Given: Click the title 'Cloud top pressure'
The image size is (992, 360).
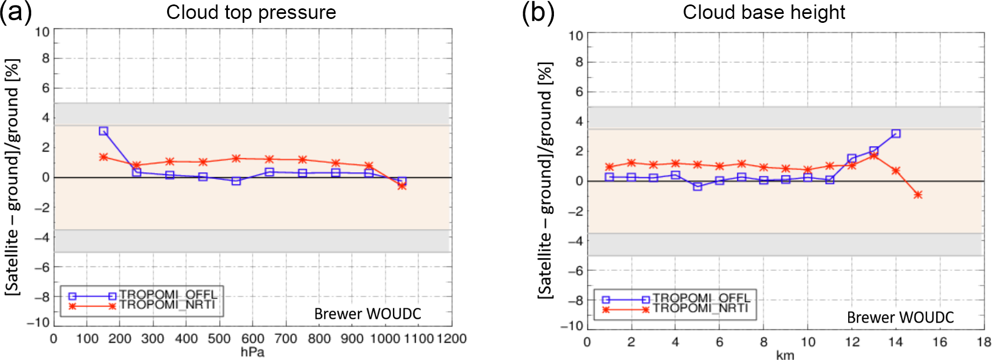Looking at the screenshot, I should [251, 12].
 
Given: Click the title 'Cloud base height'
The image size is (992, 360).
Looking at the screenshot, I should [764, 12].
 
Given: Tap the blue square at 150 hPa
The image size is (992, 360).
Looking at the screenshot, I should [103, 131].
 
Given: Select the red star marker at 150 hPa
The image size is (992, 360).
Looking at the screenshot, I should [103, 157].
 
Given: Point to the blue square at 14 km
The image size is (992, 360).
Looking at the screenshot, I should [896, 133].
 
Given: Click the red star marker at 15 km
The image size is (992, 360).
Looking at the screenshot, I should [918, 194].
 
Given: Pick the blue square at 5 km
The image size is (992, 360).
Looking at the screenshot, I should [697, 186].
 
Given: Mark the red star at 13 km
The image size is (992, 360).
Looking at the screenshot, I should [874, 155].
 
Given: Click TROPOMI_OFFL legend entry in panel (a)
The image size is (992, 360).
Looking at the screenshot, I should [168, 295].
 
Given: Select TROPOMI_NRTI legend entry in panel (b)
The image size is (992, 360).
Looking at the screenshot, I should [701, 308].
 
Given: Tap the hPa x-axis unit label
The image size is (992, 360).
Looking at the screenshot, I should [252, 352].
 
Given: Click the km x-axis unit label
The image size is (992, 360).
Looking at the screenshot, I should [785, 356].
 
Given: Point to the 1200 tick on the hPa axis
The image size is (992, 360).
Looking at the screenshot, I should [451, 339].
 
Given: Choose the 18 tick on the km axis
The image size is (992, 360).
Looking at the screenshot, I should [984, 342].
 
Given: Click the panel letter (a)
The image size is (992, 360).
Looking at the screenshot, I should [15, 12].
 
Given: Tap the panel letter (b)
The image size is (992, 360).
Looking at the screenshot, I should [538, 12].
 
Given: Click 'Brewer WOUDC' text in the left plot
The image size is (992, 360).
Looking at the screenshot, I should [368, 314].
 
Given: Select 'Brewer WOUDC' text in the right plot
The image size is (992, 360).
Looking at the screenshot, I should [900, 318].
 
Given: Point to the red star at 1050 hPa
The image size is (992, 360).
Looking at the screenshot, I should [402, 186].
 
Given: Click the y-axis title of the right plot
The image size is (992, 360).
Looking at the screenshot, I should [545, 181].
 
